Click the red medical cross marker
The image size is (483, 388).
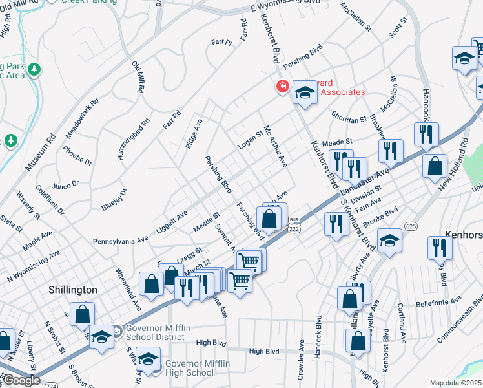click(282, 86)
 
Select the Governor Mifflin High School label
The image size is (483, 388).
click(198, 369)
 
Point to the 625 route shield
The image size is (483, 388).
click(411, 226)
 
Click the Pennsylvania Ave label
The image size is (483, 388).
click(121, 241)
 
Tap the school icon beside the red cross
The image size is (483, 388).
click(305, 93)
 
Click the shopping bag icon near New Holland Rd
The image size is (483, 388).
click(435, 165)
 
